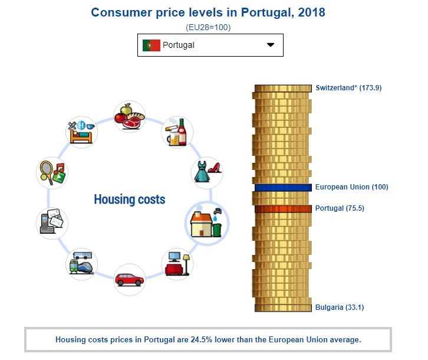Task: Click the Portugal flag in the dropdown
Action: pos(151,45)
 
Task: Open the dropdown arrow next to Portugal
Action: pos(271,45)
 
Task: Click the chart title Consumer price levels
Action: pos(208,12)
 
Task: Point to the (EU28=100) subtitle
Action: pos(208,27)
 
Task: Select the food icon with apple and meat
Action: pos(129,116)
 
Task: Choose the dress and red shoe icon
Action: pos(207,172)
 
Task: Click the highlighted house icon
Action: pos(207,222)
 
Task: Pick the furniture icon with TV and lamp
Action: pos(177,264)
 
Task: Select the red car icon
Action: pos(129,279)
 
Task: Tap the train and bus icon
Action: pos(81,264)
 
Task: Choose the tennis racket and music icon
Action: pos(52,172)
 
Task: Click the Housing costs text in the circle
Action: pos(129,199)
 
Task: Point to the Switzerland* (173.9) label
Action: pos(348,88)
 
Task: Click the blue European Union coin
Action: pos(283,188)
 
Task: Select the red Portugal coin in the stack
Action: pos(283,208)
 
